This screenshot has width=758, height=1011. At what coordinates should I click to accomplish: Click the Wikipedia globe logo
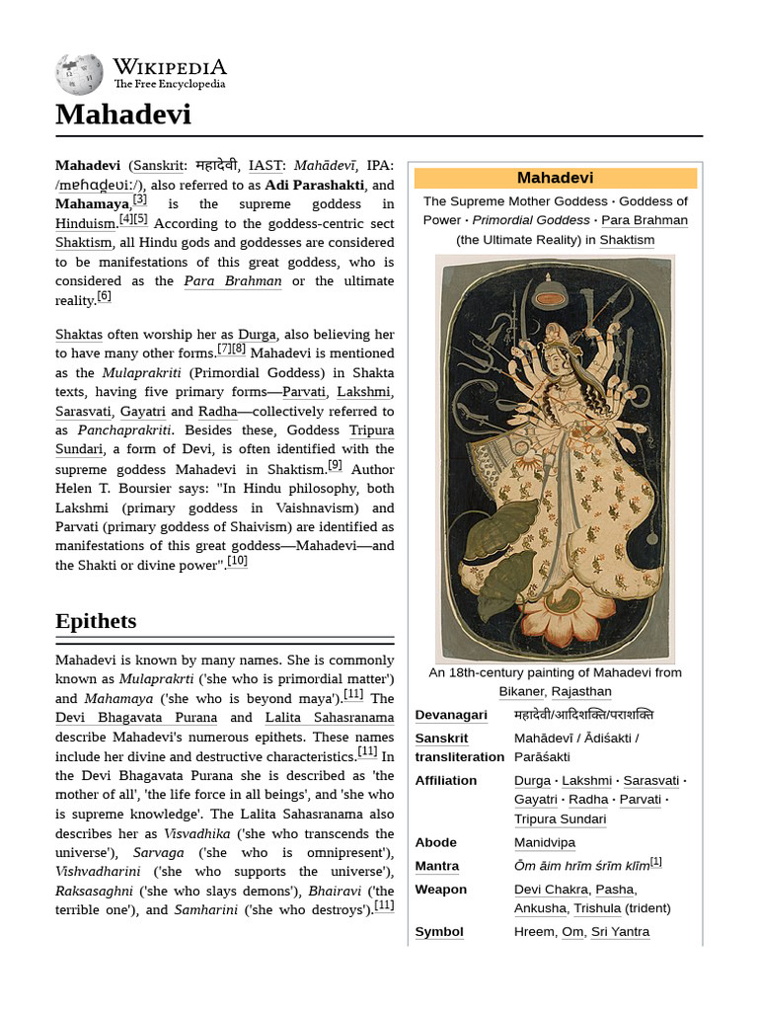[x=79, y=74]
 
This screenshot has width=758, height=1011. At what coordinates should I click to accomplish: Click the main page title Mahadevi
[x=123, y=116]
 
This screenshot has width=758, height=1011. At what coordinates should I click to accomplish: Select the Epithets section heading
[x=96, y=621]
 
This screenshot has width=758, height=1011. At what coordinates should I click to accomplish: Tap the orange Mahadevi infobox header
[x=555, y=178]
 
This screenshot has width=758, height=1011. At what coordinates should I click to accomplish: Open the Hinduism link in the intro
[x=85, y=223]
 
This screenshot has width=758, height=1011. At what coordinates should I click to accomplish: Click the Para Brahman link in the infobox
[x=644, y=220]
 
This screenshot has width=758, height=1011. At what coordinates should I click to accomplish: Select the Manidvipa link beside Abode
[x=545, y=842]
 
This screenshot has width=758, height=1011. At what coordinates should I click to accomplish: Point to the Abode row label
[x=435, y=842]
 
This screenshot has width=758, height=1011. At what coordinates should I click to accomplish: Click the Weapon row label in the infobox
[x=440, y=890]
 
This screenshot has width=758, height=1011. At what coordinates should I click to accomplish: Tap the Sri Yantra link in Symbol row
[x=620, y=932]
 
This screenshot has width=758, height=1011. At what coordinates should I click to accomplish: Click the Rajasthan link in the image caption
[x=580, y=691]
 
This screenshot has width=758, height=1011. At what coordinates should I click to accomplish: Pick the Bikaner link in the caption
[x=521, y=691]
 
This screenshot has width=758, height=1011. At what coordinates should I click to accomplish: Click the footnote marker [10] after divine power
[x=237, y=563]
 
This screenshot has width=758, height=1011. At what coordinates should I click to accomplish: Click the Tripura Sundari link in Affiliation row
[x=560, y=818]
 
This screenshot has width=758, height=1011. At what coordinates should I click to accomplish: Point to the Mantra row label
[x=436, y=866]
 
